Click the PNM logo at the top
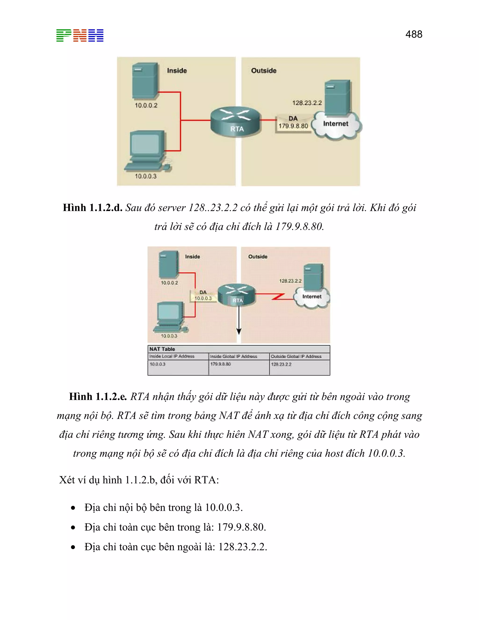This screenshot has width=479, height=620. point(80,36)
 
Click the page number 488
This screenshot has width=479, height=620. point(414,34)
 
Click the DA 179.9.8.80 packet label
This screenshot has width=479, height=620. point(293,123)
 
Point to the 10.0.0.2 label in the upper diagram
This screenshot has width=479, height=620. point(146,105)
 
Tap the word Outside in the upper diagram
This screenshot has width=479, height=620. point(264,71)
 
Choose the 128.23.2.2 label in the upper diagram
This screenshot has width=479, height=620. point(307,103)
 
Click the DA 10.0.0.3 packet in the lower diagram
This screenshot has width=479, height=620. point(203,295)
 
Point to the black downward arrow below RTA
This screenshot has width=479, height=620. point(239,321)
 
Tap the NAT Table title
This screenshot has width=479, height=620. point(162,349)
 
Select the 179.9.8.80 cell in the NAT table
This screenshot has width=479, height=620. point(221,364)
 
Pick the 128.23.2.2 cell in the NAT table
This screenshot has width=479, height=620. point(281,364)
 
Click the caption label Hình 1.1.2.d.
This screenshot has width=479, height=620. point(93,208)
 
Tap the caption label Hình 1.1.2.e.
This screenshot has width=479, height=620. point(98,396)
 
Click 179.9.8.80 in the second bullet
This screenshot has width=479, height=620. point(241,527)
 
